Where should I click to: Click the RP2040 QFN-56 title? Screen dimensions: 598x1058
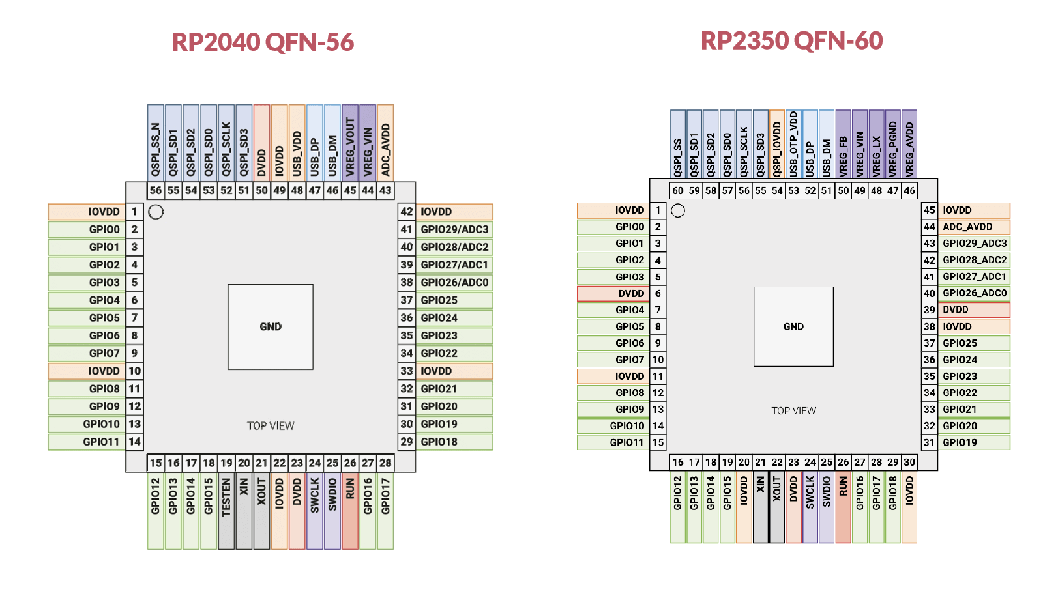coord(263,42)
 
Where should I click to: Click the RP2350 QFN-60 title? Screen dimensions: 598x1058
coord(791,40)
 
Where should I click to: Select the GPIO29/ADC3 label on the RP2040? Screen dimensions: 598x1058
coord(454,229)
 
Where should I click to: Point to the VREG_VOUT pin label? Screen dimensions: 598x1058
coord(350,147)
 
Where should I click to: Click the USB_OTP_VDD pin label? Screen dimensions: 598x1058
coord(793,144)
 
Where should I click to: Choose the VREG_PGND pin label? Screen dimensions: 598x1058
coord(893,149)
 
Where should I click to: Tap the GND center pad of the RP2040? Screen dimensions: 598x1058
coord(271,326)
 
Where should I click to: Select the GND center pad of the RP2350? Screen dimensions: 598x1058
coord(793,326)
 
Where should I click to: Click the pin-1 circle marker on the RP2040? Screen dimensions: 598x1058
coord(156,212)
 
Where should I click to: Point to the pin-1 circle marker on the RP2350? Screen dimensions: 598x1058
coord(678,210)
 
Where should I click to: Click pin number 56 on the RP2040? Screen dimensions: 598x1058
coord(156,190)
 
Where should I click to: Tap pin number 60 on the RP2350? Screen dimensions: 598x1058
coord(678,190)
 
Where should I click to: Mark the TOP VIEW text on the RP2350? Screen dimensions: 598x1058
coord(793,410)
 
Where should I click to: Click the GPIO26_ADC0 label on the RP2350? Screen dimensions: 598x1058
coord(975,293)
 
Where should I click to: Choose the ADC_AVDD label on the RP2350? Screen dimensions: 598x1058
coord(967,227)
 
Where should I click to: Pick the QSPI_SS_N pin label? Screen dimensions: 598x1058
coord(156,149)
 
